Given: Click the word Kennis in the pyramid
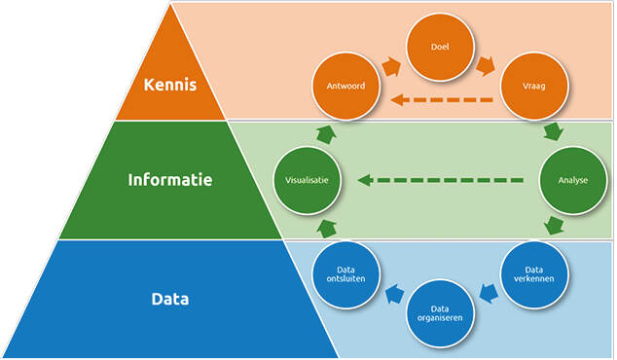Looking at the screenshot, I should pos(170,85).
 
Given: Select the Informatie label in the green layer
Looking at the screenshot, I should pos(170,180).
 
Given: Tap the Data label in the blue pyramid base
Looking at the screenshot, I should pos(170,299).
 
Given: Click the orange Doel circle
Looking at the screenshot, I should pos(439,46).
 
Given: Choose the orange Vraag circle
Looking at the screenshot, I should pos(534,87).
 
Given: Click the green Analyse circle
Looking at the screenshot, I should pos(572,180).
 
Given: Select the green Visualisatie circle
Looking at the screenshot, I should pos(306,180).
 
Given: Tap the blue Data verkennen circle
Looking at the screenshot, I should pos(534,274).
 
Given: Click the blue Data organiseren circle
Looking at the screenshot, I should pos(439,313).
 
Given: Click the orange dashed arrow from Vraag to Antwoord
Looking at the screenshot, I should pos(439,98).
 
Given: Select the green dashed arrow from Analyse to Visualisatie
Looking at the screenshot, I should pos(440,180).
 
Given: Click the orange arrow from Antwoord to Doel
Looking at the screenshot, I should pos(392,66).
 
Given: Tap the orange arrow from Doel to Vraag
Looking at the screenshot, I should pos(486,66).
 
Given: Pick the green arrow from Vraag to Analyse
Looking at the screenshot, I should pos(554,131).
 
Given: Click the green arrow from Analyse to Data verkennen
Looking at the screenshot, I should pos(554,227).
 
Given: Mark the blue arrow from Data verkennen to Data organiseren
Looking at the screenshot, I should pos(488,293).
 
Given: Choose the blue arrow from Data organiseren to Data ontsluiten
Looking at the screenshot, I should pos(393,293).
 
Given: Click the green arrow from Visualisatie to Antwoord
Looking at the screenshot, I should pos(325,132).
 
